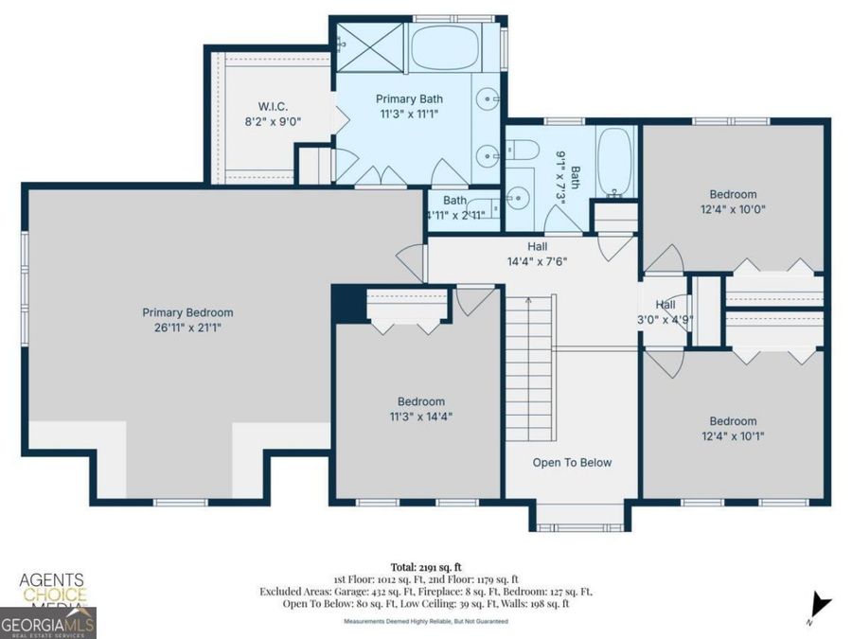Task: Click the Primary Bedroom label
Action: pyautogui.click(x=187, y=312)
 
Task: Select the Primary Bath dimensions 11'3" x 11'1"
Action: pyautogui.click(x=409, y=114)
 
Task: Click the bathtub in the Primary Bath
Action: pyautogui.click(x=445, y=45)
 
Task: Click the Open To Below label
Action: pyautogui.click(x=572, y=463)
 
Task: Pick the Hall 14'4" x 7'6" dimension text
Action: pyautogui.click(x=538, y=262)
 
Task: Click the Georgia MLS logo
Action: pyautogui.click(x=47, y=625)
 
